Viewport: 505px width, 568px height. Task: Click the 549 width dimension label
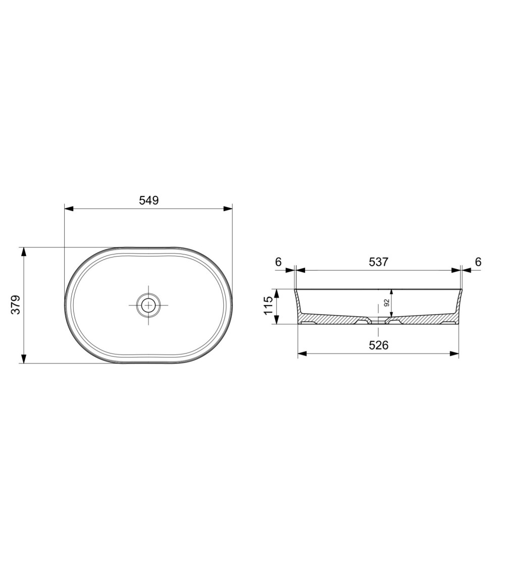[149, 200]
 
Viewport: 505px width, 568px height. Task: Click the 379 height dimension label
[16, 305]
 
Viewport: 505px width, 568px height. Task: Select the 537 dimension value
[378, 262]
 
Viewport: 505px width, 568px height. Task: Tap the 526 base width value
[379, 345]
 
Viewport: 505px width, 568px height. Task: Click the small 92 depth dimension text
[386, 303]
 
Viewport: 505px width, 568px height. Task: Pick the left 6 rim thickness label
[278, 262]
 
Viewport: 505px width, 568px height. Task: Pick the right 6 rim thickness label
[478, 262]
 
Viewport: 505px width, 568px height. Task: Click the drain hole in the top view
[148, 304]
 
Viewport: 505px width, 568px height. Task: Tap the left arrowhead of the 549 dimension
[69, 209]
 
